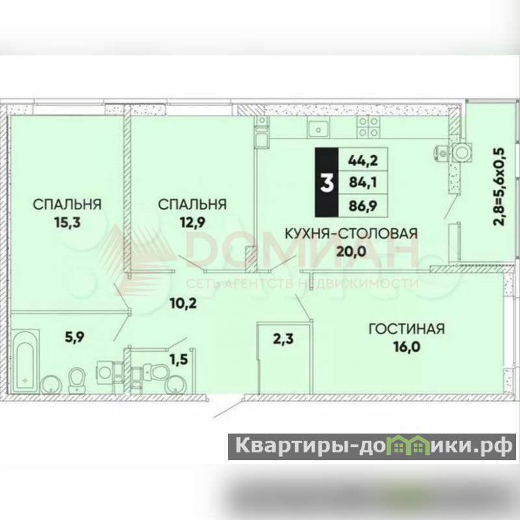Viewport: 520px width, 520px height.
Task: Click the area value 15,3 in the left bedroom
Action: tap(68, 222)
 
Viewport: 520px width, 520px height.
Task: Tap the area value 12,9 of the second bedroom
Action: tap(192, 222)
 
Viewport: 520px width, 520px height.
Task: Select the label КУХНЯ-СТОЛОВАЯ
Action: tap(352, 234)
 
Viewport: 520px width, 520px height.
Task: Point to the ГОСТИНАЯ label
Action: tap(407, 329)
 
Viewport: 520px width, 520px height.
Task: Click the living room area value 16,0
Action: tap(407, 347)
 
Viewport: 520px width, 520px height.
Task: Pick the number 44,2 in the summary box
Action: tap(363, 161)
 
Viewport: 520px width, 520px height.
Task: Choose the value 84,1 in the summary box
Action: tap(363, 182)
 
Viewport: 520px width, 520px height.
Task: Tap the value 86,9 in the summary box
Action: tap(363, 206)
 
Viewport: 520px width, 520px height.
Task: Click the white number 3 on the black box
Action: tap(327, 183)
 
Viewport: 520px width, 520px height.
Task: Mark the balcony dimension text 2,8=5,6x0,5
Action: tap(499, 187)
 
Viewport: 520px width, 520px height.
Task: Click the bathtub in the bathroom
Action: tap(25, 361)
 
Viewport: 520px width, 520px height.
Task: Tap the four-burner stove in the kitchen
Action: tap(368, 127)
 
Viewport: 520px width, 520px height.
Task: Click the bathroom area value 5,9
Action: tap(75, 337)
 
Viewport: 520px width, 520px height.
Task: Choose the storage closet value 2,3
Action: tap(283, 339)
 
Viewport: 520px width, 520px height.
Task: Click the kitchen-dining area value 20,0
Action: tap(351, 252)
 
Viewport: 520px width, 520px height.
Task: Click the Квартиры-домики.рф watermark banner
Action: tap(372, 447)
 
